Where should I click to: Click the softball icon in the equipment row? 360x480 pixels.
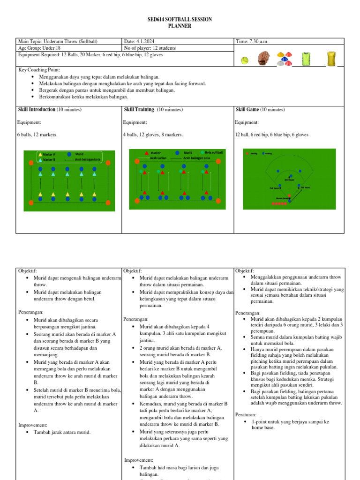tap(245, 60)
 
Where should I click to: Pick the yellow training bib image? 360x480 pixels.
tap(331, 59)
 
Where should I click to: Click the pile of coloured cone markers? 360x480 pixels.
tap(284, 59)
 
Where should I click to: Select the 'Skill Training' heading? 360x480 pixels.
tap(139, 110)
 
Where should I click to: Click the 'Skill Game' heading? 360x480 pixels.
tap(247, 110)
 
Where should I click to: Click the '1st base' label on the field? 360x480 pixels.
tap(305, 187)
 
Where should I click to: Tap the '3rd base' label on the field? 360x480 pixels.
tap(275, 188)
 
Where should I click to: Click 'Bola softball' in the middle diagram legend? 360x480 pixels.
tap(214, 152)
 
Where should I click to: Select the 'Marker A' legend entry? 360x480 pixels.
tap(49, 154)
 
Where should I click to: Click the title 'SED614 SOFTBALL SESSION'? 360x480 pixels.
tap(180, 20)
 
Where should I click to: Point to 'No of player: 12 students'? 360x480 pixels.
tap(150, 48)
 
